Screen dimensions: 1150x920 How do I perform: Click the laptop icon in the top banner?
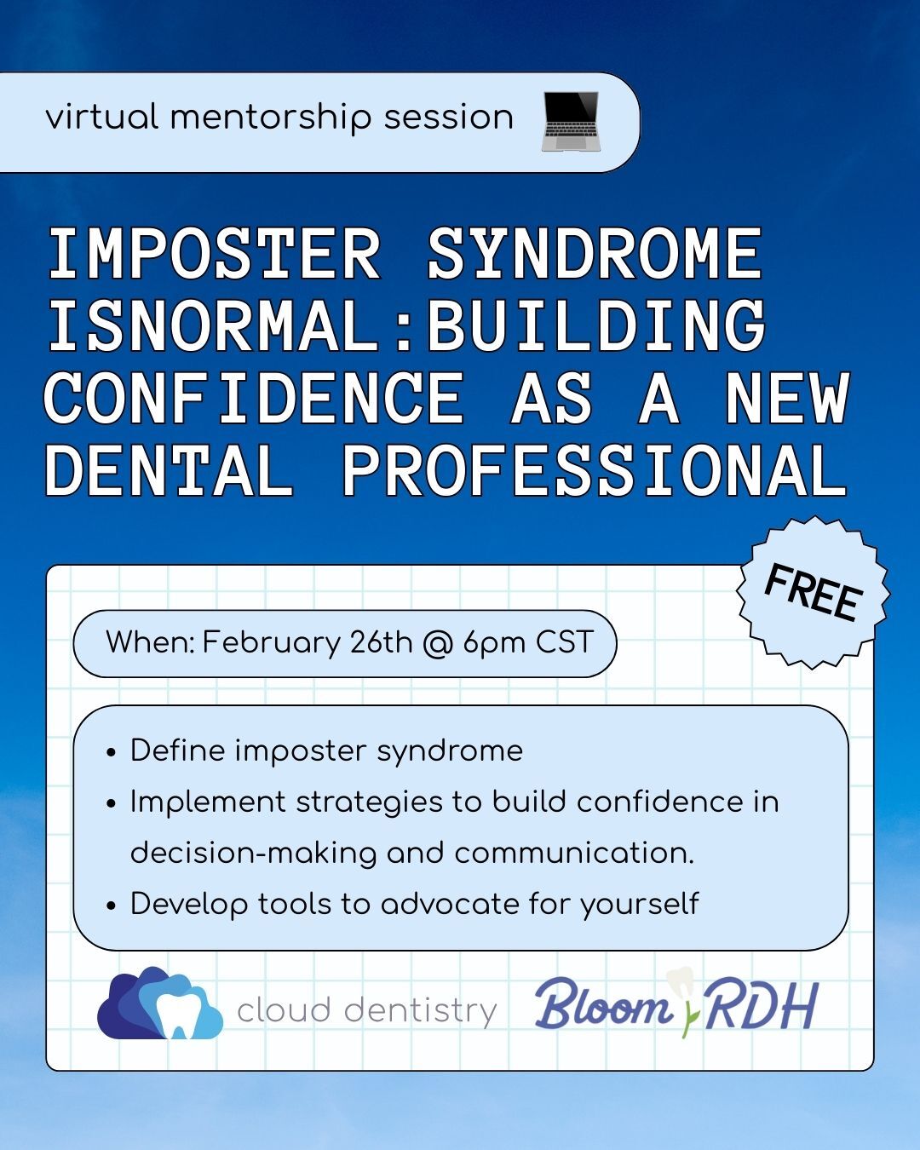571,120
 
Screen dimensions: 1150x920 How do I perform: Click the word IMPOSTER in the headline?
213,254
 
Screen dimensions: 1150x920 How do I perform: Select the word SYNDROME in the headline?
594,254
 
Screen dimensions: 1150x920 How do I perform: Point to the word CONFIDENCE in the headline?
253,399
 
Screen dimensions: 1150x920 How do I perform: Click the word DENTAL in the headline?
168,471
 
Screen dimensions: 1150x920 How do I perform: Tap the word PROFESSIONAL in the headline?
594,471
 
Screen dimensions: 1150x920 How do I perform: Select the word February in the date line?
271,642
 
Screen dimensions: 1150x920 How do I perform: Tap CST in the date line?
564,641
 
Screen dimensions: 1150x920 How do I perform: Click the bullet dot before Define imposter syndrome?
111,753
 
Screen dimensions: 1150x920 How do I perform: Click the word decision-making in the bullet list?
253,854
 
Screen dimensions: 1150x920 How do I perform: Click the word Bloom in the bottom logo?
603,1008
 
